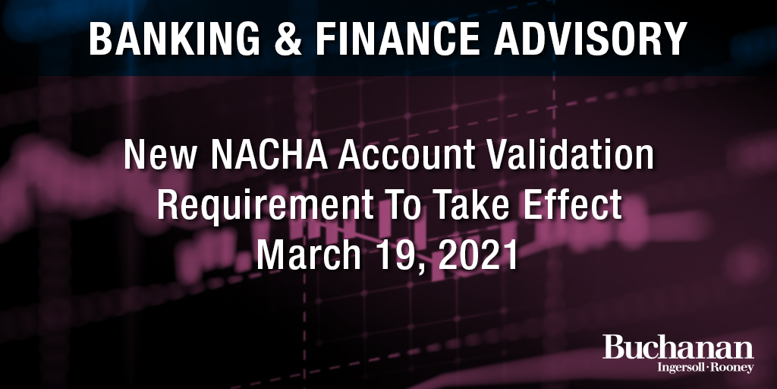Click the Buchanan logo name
point(678,349)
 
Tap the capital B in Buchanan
point(615,348)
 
